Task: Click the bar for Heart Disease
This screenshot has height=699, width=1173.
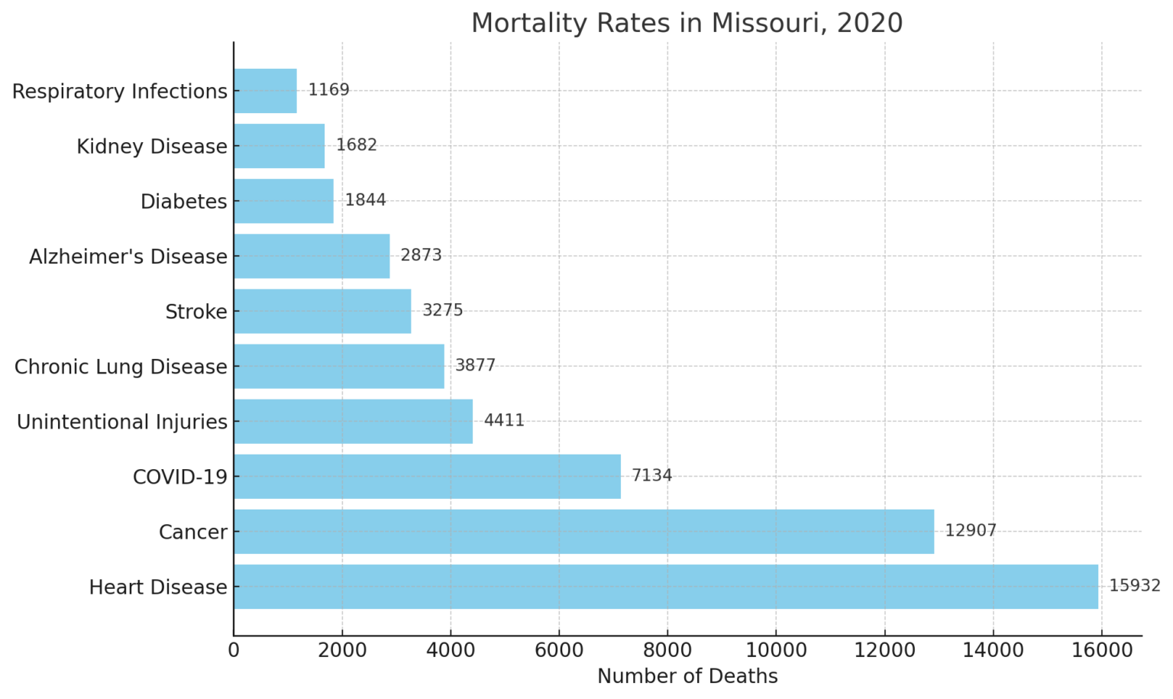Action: pyautogui.click(x=665, y=587)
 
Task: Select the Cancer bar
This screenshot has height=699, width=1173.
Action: pyautogui.click(x=583, y=532)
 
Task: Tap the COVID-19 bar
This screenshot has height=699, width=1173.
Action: pyautogui.click(x=427, y=477)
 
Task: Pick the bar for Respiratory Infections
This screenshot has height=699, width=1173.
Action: pyautogui.click(x=265, y=91)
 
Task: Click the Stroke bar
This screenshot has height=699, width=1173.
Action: pyautogui.click(x=322, y=311)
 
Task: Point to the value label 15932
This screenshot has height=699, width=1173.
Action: pyautogui.click(x=1134, y=586)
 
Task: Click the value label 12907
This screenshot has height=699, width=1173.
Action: pyautogui.click(x=970, y=531)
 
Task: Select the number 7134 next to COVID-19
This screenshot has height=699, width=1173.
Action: pyautogui.click(x=651, y=476)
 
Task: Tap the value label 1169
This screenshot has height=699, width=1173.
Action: pyautogui.click(x=328, y=90)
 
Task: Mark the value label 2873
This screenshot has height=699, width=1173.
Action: pyautogui.click(x=421, y=255)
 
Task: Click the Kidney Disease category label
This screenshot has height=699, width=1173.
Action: pyautogui.click(x=152, y=147)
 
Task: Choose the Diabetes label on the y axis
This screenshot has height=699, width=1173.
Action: pyautogui.click(x=184, y=202)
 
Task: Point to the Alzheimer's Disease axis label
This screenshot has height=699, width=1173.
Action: pyautogui.click(x=128, y=257)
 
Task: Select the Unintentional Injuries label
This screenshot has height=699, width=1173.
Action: pyautogui.click(x=122, y=422)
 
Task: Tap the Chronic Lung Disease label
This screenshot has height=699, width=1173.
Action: pyautogui.click(x=121, y=367)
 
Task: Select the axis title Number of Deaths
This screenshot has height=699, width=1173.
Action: pyautogui.click(x=687, y=677)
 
